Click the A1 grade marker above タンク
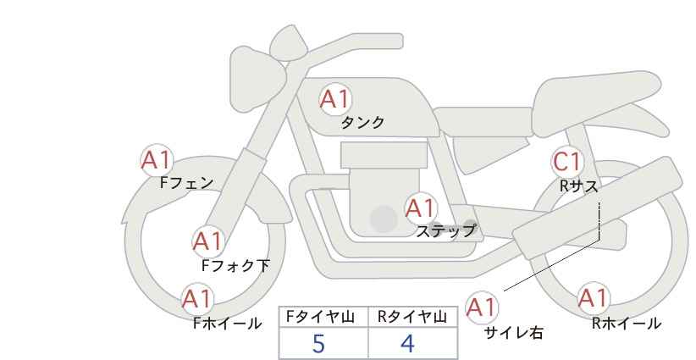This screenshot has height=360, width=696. pos(335,100)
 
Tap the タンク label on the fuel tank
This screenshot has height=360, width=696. pos(362,123)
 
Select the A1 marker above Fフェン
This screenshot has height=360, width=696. pos(157,160)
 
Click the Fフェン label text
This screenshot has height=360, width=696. pos(186,183)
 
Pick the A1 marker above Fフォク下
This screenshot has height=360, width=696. pos(207,242)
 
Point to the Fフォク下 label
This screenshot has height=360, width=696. pos(235,265)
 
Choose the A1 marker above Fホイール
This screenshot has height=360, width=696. pos(197,299)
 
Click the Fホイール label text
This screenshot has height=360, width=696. pos(227,324)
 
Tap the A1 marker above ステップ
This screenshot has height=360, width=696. pos(421,208)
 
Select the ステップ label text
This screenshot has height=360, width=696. pos(445,231)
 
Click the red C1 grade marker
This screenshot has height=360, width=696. pos(567,162)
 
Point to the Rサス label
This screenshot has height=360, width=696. pos(578,186)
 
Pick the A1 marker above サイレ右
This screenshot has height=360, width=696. pos(482,307)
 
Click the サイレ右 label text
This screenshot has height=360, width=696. pos(514,333)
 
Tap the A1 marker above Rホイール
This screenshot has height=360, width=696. pos(593,298)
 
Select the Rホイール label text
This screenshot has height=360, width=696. pos(627,324)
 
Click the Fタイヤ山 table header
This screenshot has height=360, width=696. pos(320,317)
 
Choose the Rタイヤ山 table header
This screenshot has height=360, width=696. pos(412,317)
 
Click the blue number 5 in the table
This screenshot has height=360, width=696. pos(318,344)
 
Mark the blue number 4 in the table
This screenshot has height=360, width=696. pos(407,344)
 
